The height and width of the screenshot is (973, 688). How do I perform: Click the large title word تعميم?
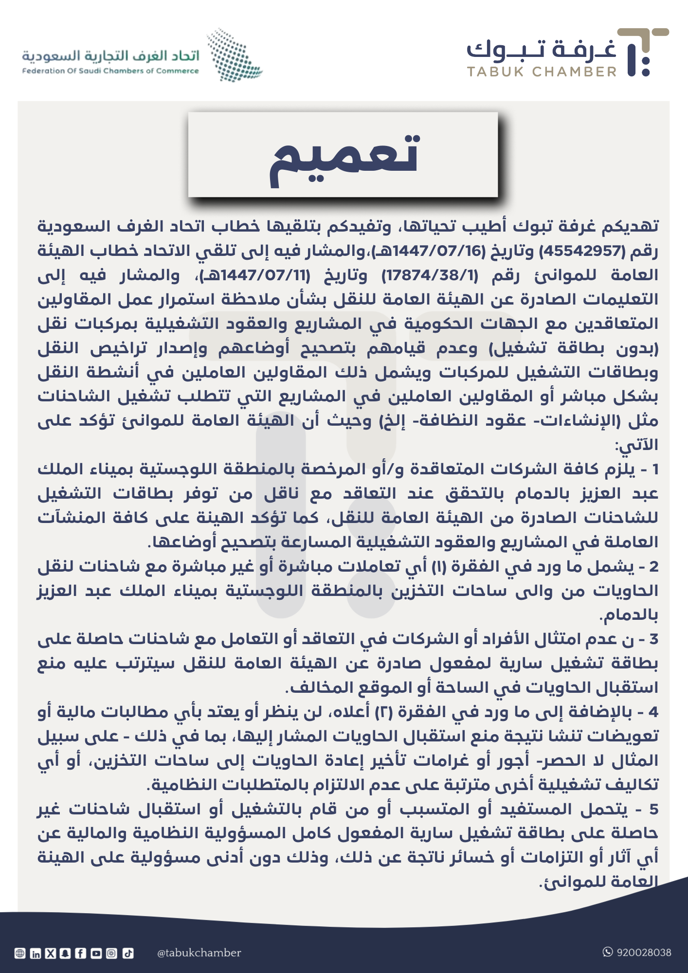(344, 156)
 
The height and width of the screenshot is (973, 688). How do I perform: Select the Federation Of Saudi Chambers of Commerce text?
(110, 71)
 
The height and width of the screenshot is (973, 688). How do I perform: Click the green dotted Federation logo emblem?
(234, 55)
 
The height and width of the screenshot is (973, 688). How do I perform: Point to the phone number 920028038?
(644, 952)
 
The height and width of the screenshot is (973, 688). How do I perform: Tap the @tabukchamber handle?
(199, 953)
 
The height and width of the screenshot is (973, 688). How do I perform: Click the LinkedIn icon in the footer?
(36, 954)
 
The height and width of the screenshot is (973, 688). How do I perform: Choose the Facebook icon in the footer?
(81, 954)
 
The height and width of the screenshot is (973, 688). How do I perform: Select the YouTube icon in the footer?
(96, 954)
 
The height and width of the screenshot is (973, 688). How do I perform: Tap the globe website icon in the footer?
(20, 954)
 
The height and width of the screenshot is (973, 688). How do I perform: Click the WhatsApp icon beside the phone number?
(608, 952)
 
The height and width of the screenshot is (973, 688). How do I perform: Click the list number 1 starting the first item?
(655, 470)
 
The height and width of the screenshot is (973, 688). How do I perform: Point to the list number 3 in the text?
(653, 640)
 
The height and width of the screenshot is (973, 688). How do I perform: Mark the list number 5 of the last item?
(653, 810)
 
